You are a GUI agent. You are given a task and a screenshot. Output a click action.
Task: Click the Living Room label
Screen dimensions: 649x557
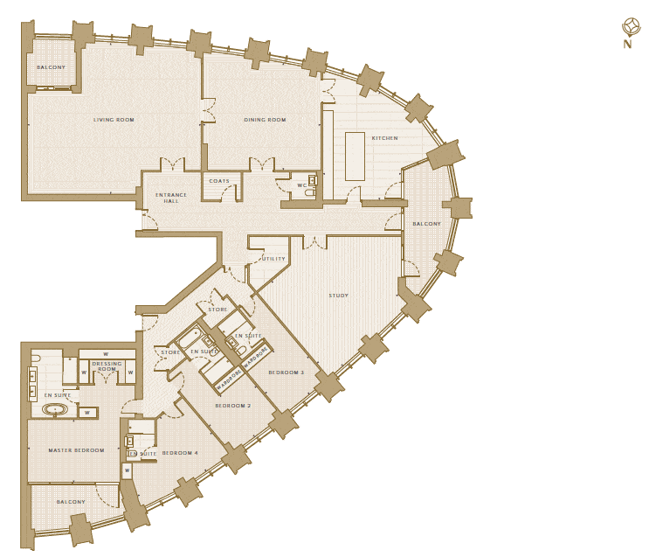[114, 120]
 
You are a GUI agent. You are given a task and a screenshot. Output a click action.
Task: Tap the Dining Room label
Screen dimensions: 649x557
[265, 120]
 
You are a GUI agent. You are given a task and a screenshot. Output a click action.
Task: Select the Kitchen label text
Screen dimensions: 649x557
[385, 138]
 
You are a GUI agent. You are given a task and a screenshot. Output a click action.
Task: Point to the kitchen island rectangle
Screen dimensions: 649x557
[356, 157]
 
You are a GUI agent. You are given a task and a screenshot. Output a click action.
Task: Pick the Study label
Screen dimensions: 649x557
[339, 296]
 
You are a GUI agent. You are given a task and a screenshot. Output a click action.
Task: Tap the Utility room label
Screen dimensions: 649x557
[273, 259]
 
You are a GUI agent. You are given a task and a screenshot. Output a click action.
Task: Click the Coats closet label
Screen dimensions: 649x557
[219, 181]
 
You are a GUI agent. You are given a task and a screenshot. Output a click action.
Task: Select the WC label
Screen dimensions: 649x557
[301, 185]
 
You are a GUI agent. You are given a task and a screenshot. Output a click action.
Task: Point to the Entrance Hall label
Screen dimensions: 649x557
[171, 198]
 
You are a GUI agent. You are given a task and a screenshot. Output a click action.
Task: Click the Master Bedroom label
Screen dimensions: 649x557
[76, 450]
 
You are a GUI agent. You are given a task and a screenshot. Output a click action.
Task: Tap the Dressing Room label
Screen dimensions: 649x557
[107, 366]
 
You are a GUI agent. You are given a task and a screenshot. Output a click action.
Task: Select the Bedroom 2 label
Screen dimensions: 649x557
[233, 406]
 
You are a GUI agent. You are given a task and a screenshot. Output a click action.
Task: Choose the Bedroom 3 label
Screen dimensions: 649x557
[286, 372]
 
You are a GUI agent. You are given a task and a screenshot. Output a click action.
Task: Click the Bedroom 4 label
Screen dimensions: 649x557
[180, 453]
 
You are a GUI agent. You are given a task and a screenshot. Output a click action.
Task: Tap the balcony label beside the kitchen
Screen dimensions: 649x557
[427, 224]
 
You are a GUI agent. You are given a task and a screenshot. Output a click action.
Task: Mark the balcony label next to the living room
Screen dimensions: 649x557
[51, 67]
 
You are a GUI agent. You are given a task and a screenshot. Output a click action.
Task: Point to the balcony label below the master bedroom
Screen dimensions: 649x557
[71, 502]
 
